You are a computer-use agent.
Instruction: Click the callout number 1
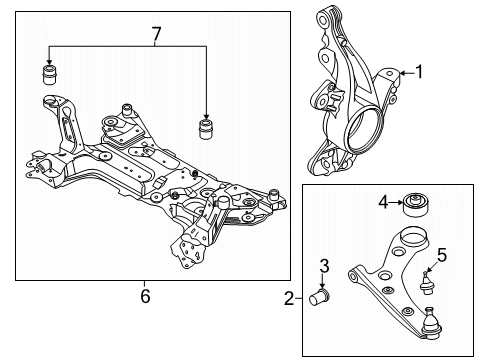point(419,72)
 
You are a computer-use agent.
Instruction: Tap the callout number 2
point(288,297)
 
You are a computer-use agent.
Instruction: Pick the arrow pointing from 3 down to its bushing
point(324,280)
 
